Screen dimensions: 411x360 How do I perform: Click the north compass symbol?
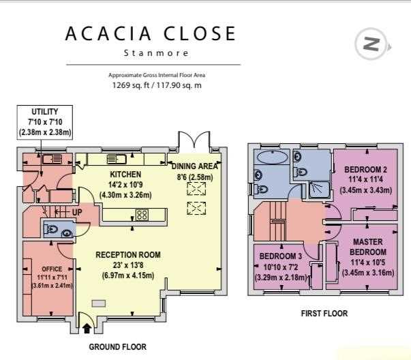[x=371, y=44]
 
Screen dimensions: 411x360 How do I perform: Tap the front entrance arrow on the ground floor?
[x=87, y=328]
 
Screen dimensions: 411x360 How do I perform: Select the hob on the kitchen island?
[x=142, y=215]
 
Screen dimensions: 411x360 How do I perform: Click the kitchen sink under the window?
[x=117, y=159]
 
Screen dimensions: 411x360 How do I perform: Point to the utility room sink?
[x=52, y=159]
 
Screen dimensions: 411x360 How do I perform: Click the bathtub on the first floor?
[x=273, y=157]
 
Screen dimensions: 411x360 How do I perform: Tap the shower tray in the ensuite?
[x=319, y=190]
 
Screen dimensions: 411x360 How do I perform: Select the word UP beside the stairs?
[x=77, y=212]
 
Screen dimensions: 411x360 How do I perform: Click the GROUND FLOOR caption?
[x=118, y=347]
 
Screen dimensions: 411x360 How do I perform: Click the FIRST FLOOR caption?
[x=324, y=314]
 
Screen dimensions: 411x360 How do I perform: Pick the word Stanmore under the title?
[x=156, y=53]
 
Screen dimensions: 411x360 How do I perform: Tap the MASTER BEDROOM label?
[x=368, y=247]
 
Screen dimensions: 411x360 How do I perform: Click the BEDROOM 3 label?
[x=280, y=256]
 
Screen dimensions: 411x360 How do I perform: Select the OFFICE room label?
[x=52, y=269]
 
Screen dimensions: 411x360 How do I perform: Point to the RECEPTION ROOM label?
[x=128, y=254]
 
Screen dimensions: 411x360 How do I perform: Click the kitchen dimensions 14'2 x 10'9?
[x=125, y=185]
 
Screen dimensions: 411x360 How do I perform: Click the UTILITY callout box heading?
[x=45, y=112]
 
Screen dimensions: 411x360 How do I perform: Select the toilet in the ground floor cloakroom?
[x=51, y=229]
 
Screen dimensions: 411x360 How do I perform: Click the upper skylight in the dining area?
[x=196, y=189]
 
